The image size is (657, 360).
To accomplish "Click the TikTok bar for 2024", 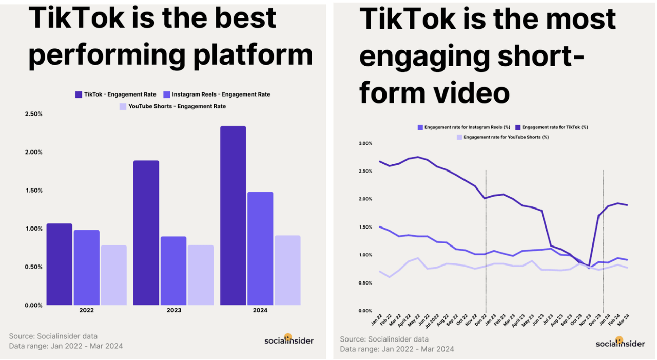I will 233,216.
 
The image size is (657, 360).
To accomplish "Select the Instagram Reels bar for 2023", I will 173,271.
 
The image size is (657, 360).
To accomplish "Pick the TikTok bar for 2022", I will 60,264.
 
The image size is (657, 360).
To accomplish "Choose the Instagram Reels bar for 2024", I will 260,249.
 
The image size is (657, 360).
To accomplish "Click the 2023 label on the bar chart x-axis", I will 173,310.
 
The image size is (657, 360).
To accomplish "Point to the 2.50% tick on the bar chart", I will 33,114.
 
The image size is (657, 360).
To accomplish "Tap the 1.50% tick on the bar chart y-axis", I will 33,191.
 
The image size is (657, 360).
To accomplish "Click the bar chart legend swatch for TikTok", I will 79,94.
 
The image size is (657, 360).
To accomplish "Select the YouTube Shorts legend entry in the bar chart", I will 172,106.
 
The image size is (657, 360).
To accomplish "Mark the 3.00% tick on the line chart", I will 365,143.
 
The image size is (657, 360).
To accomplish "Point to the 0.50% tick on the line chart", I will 365,283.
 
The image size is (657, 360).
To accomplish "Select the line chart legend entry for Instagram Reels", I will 463,127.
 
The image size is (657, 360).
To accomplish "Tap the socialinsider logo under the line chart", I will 620,343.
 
